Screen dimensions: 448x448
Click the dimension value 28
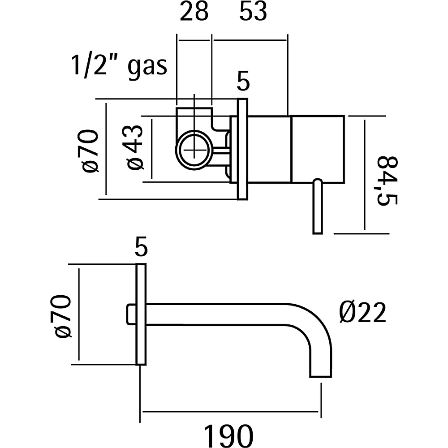pyautogui.click(x=194, y=13)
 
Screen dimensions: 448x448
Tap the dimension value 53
pyautogui.click(x=253, y=13)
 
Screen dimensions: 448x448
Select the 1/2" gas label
pyautogui.click(x=119, y=65)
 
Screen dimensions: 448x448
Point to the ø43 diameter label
pyautogui.click(x=135, y=147)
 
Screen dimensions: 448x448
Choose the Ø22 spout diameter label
pyautogui.click(x=362, y=312)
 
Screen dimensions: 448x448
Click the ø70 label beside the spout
pyautogui.click(x=63, y=315)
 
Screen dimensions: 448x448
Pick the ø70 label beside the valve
pyautogui.click(x=90, y=151)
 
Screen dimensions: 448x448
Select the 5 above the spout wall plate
pyautogui.click(x=141, y=248)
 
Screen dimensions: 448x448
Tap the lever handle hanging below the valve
pyautogui.click(x=317, y=206)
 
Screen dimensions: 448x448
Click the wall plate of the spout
pyautogui.click(x=141, y=314)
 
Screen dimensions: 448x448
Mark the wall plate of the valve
pyautogui.click(x=242, y=149)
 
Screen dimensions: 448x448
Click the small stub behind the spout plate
pyautogui.click(x=130, y=314)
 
